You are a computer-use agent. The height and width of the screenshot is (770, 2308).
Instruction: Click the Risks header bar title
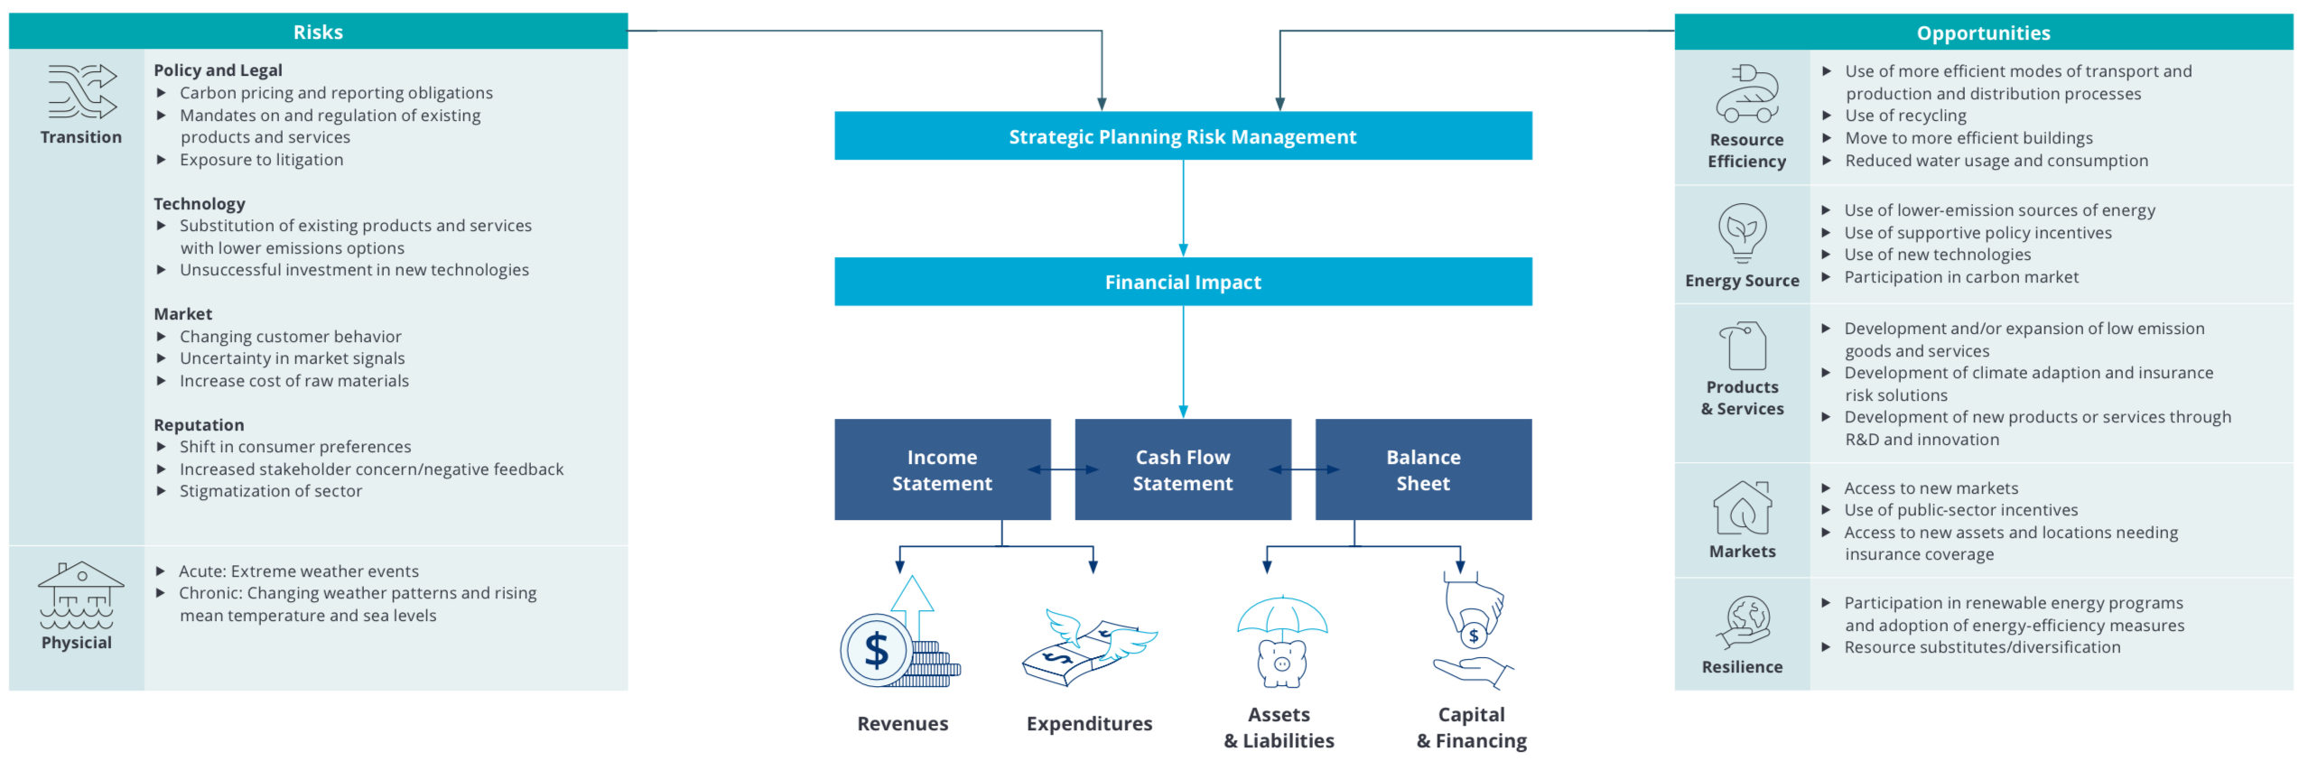pyautogui.click(x=318, y=32)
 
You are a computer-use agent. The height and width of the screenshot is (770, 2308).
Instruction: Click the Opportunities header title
pyautogui.click(x=1982, y=33)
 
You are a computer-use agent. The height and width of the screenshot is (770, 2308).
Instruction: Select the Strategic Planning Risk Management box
pyautogui.click(x=1182, y=136)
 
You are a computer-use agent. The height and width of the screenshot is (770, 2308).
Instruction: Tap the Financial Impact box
pyautogui.click(x=1182, y=282)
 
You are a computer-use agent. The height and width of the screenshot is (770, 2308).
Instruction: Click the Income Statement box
pyautogui.click(x=941, y=469)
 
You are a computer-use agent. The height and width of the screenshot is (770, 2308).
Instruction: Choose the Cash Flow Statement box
pyautogui.click(x=1182, y=469)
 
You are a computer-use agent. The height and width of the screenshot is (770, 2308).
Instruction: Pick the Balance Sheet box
pyautogui.click(x=1422, y=469)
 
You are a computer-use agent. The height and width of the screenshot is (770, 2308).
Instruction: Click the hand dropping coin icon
pyautogui.click(x=1473, y=632)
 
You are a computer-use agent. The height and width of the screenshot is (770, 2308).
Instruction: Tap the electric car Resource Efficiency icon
pyautogui.click(x=1746, y=94)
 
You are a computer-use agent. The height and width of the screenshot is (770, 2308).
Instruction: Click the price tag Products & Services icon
pyautogui.click(x=1743, y=345)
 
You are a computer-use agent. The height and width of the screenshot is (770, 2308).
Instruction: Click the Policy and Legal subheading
pyautogui.click(x=218, y=70)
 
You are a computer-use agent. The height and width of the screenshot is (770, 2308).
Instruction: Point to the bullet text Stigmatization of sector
pyautogui.click(x=270, y=491)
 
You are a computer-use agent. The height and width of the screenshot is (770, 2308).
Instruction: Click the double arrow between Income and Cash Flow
pyautogui.click(x=1063, y=469)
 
